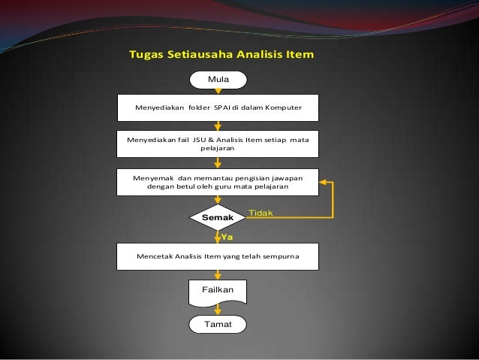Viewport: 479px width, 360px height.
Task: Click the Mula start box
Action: pyautogui.click(x=218, y=77)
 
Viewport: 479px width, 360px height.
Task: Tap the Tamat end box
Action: pyautogui.click(x=218, y=324)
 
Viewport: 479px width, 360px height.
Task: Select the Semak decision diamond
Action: pyautogui.click(x=218, y=217)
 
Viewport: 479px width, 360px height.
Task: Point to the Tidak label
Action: pyautogui.click(x=261, y=213)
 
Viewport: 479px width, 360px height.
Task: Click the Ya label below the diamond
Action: pyautogui.click(x=226, y=236)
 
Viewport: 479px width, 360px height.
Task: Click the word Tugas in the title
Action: pyautogui.click(x=146, y=55)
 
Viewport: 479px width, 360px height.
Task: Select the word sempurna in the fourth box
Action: pyautogui.click(x=279, y=256)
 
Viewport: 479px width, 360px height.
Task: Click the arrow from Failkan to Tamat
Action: pyautogui.click(x=218, y=309)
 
